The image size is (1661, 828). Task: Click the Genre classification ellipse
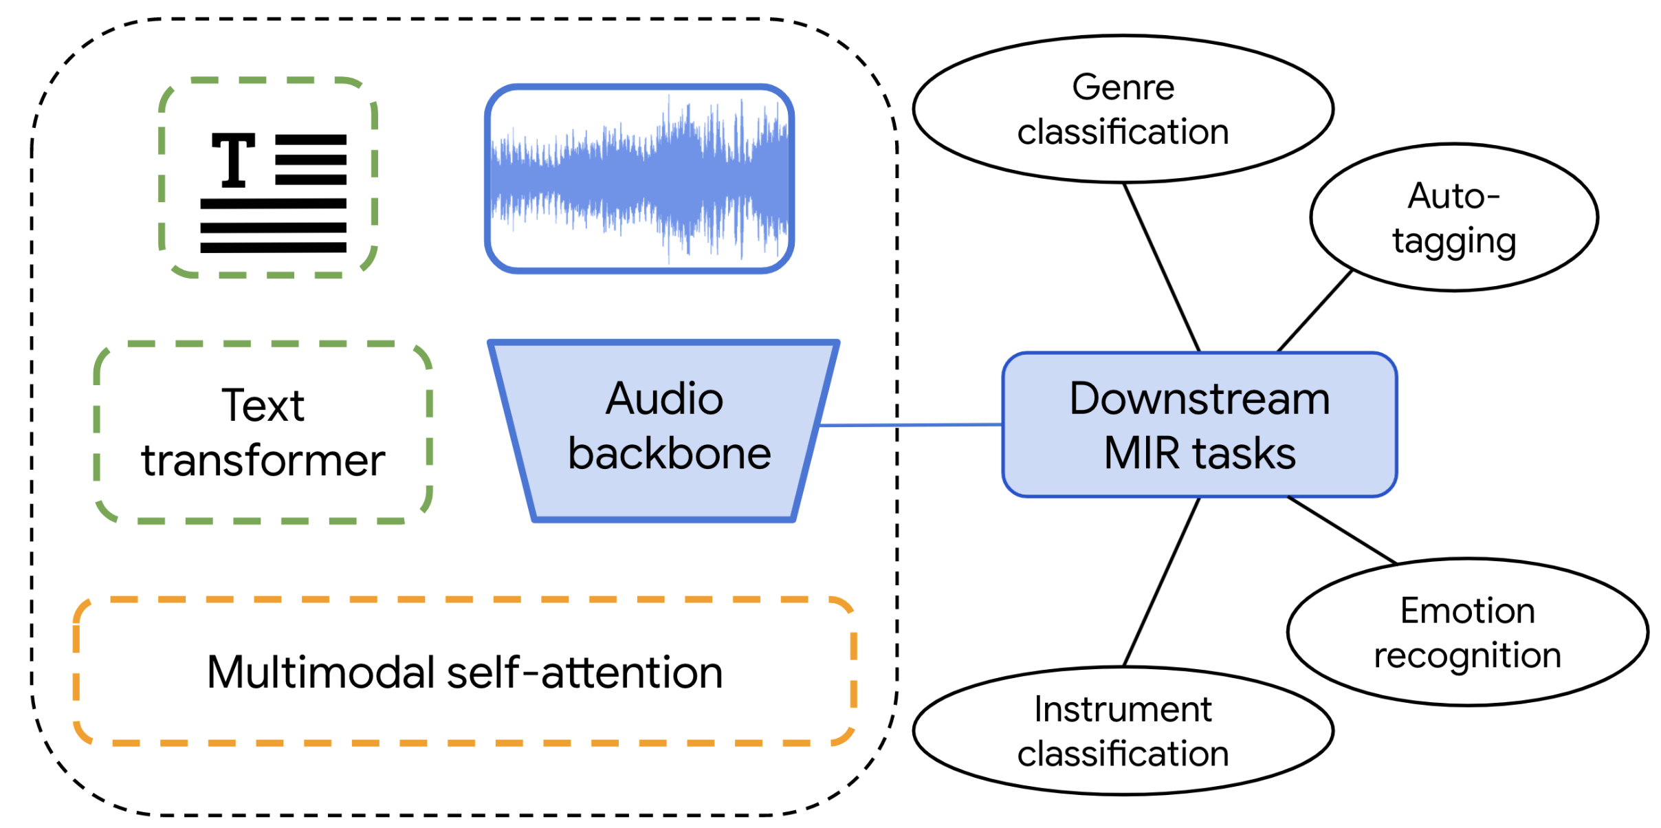point(1123,109)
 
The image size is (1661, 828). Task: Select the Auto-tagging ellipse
point(1453,217)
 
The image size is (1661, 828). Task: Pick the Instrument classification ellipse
point(1123,730)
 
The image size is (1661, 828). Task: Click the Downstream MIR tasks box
point(1199,425)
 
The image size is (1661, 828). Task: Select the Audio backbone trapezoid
point(663,430)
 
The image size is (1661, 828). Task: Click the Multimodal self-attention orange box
point(465,671)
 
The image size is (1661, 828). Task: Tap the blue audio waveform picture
point(639,179)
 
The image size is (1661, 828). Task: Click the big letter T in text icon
point(234,160)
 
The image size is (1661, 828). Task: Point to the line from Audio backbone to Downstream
point(911,425)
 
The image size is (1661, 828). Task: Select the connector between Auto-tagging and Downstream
point(1314,311)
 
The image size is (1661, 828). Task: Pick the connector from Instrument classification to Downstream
point(1161,582)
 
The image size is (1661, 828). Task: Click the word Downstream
point(1199,399)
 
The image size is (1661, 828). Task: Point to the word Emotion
point(1467,610)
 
